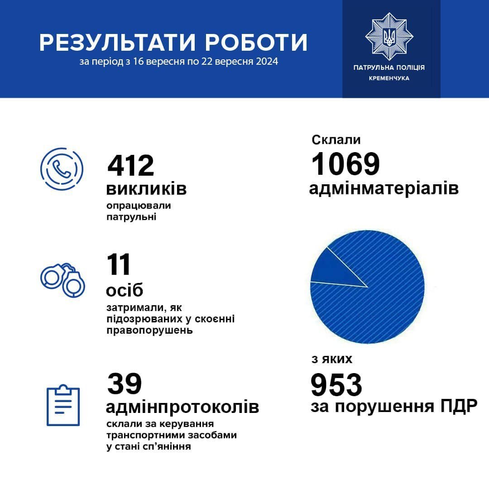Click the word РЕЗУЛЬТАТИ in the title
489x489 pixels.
pos(118,42)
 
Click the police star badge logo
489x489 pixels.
pos(389,36)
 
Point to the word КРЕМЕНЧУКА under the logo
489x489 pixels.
pos(389,78)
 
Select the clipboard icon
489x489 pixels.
pos(63,405)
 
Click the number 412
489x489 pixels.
pos(131,166)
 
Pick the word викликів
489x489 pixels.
pos(146,189)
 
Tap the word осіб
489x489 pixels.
pos(125,290)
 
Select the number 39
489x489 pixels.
pos(125,384)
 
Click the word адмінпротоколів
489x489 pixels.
pos(182,407)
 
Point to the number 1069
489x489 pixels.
pos(345,164)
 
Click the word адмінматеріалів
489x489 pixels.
pos(384,188)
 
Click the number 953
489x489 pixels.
pos(336,385)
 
